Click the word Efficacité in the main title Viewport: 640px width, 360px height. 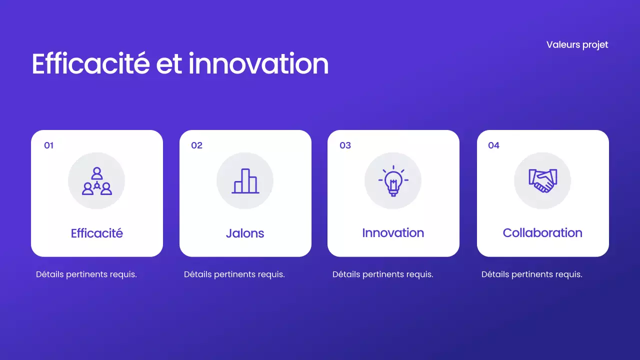coord(90,64)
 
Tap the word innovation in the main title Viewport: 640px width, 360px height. coord(258,64)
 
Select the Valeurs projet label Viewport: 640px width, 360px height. coord(577,44)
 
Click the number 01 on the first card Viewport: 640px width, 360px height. coord(48,145)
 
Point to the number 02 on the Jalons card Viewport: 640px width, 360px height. coord(196,145)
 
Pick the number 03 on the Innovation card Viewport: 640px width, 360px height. coord(345,145)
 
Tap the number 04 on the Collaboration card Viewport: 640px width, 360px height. coord(493,145)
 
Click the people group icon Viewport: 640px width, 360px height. coord(96,181)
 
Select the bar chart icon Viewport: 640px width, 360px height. coord(245,181)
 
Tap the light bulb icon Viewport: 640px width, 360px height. coord(393,181)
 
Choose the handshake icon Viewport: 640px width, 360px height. coord(542,181)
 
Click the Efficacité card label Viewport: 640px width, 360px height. coord(97,233)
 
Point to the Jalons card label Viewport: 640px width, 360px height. coord(245,233)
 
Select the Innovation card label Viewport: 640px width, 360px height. coord(393,233)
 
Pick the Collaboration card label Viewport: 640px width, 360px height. coord(542,233)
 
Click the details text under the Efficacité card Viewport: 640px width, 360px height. coord(86,274)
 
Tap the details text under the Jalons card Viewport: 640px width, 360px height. coord(234,274)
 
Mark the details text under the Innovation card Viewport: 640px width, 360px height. coord(382,274)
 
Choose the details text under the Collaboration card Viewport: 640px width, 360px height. coord(531,274)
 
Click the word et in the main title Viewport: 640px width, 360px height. coord(169,64)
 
